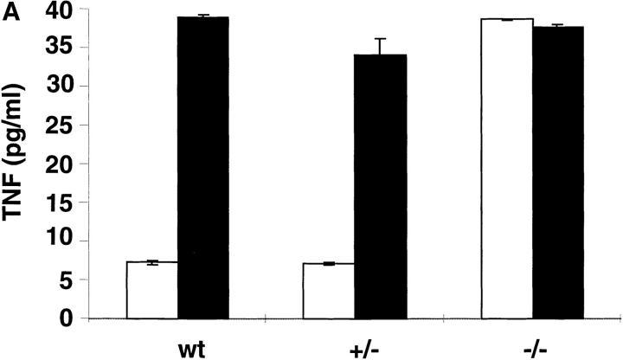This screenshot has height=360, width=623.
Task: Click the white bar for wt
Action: click(x=152, y=290)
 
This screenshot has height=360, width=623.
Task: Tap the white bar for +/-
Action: click(x=328, y=291)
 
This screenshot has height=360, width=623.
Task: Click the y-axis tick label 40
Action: click(x=61, y=10)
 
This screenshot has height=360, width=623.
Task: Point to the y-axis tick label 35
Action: click(x=61, y=48)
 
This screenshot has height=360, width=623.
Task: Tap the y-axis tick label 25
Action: click(x=61, y=125)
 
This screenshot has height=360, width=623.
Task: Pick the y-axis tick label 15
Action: click(x=61, y=202)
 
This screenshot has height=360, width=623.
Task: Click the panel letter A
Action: click(x=9, y=10)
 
